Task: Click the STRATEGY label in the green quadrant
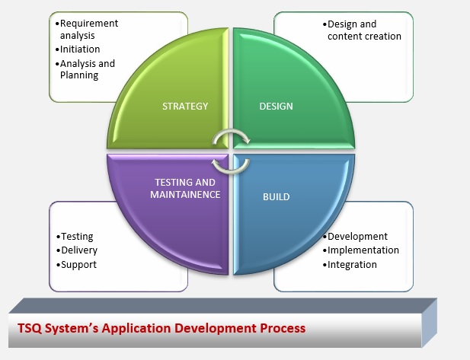[x=185, y=106]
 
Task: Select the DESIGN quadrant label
[x=276, y=106]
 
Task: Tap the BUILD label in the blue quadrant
[x=276, y=197]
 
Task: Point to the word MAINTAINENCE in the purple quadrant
[x=185, y=194]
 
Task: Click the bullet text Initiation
[x=80, y=49]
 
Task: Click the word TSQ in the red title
[x=30, y=328]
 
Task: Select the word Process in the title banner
[x=283, y=328]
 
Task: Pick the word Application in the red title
[x=136, y=329]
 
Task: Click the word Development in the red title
[x=216, y=329]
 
